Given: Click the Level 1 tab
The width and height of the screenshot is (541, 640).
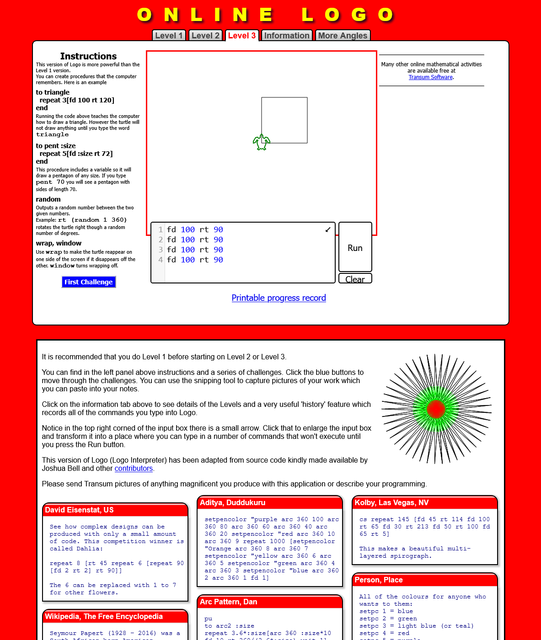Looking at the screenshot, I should pos(169,36).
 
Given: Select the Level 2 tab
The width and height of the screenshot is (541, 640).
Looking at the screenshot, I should pos(205,36).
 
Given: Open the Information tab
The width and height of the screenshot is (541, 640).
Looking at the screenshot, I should pos(287,36).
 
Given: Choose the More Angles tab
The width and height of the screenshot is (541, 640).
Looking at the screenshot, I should pos(343,36).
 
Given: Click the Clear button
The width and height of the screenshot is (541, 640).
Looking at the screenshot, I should pos(355,279).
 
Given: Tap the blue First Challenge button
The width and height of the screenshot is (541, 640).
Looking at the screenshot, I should pos(89,282).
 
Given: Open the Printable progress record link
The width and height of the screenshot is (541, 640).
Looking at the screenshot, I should pos(279,298).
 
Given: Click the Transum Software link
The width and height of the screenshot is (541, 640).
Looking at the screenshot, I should pos(430,77).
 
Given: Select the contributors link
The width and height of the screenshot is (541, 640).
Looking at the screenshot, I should pos(134,469).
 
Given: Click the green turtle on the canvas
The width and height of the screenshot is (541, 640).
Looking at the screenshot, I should pos(262,142).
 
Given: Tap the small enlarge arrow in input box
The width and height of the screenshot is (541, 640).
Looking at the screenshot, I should pos(328,229).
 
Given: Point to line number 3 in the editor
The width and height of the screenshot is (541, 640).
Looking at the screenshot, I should pos(161,250).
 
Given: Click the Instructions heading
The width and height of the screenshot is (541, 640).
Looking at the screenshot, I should pos(88,56).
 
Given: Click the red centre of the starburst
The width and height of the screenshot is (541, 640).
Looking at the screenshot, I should pos(435,408).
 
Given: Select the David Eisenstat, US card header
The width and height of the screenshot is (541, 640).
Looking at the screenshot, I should pos(115,510).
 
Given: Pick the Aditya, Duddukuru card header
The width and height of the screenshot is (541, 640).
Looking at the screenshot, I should pos(270,503).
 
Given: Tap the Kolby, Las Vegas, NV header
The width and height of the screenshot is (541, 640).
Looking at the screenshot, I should pos(424,503).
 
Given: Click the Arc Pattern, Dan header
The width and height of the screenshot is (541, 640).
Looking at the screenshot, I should pos(270,602).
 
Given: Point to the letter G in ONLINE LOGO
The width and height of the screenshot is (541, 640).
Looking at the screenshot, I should pos(359,15).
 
